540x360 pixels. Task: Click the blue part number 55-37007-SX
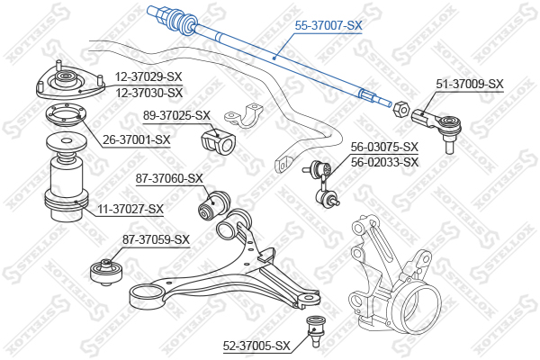point(328,25)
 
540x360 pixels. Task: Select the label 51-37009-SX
point(470,84)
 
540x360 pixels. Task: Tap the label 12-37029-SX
point(148,76)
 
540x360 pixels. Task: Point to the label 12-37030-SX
point(148,93)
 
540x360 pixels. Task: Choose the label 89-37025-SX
point(176,115)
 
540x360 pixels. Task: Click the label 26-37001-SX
point(137,139)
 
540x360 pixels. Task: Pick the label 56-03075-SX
point(384,147)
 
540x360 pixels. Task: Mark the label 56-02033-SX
point(384,162)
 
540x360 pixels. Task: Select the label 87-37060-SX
point(169,178)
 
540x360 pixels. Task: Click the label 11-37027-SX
point(130,209)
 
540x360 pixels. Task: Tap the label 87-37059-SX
point(156,239)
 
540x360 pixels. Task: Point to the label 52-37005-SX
point(256,346)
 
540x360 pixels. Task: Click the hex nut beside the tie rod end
point(400,109)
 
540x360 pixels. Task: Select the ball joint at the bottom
point(314,332)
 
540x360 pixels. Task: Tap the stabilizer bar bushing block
point(218,141)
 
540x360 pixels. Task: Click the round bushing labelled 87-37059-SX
point(106,272)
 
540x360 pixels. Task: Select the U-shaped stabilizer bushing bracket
point(244,116)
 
